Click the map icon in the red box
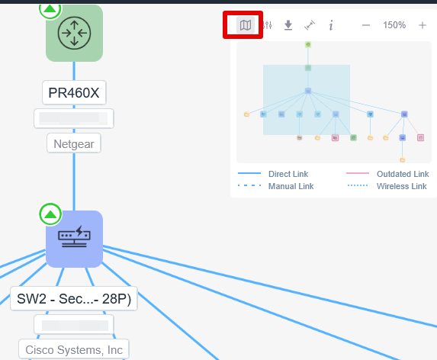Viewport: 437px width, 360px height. tap(246, 25)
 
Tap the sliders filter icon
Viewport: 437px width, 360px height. tap(267, 25)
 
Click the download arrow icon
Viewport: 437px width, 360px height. tap(288, 25)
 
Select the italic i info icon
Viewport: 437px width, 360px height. tap(331, 25)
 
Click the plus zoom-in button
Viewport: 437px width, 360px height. tap(423, 25)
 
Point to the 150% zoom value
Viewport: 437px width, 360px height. tap(394, 25)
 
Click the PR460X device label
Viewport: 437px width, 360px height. tap(74, 93)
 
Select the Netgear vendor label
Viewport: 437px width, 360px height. tap(74, 144)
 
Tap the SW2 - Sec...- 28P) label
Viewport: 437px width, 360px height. tap(74, 299)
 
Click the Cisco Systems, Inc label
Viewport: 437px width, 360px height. tap(74, 350)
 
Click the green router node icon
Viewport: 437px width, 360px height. tap(74, 33)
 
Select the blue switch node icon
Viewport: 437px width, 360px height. tap(74, 239)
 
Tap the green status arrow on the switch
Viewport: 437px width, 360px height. tap(50, 214)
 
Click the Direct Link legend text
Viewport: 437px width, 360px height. tap(288, 174)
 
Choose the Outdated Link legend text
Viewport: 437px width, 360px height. tap(403, 174)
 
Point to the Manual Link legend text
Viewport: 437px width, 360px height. tap(291, 186)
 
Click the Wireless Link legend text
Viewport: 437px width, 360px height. tap(402, 186)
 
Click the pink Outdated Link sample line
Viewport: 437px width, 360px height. tap(358, 173)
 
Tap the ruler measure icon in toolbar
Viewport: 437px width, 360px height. tap(310, 25)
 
